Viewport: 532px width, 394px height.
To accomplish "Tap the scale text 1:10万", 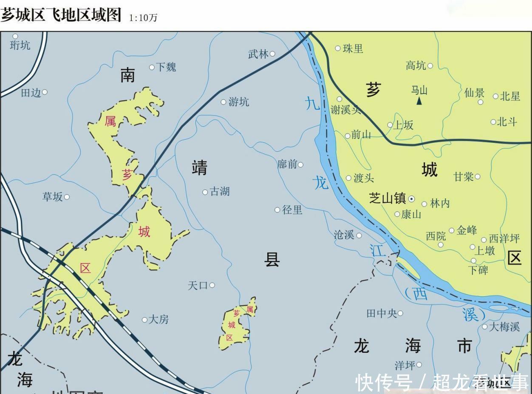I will click(x=143, y=18).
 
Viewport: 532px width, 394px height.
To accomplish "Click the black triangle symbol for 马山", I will click(x=419, y=101).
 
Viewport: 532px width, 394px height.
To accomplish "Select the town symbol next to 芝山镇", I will click(x=411, y=198).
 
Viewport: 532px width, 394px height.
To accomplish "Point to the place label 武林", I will click(x=258, y=54).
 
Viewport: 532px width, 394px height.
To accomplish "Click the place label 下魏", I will click(x=166, y=67).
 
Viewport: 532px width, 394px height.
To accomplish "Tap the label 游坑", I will click(x=239, y=102).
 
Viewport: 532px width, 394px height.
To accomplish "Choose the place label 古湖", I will click(x=220, y=192).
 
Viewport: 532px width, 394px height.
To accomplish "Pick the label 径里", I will click(x=292, y=210).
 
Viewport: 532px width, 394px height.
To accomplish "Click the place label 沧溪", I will click(x=344, y=235).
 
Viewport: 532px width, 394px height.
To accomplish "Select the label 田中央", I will click(x=382, y=314).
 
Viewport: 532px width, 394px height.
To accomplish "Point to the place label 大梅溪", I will click(x=504, y=327).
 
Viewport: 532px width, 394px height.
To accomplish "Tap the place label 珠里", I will click(x=353, y=48).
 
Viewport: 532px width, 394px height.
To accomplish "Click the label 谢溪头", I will click(x=345, y=110).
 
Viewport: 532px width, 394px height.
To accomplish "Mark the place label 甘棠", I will click(x=464, y=177).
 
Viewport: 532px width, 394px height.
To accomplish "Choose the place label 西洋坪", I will click(x=504, y=238).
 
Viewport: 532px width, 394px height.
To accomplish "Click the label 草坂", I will click(x=53, y=197).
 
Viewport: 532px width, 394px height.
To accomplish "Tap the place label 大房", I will click(x=158, y=320).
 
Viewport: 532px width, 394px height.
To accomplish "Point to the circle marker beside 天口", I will click(x=212, y=285).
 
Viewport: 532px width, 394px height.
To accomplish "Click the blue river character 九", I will click(x=312, y=103).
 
